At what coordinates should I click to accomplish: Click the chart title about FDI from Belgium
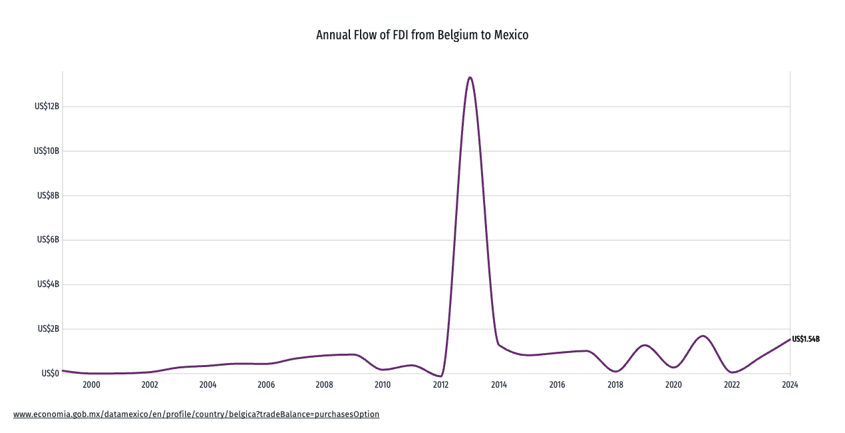pos(422,35)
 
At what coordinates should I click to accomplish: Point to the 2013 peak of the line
pos(470,77)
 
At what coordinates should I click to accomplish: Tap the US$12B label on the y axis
pos(47,107)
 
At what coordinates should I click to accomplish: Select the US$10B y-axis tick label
pos(47,151)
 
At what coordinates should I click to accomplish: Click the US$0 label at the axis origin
pos(51,373)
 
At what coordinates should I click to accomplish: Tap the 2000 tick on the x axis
pos(91,384)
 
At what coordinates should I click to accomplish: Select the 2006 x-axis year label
pos(266,384)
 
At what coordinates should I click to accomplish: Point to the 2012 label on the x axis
pos(440,384)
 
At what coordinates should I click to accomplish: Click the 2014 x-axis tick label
pos(499,384)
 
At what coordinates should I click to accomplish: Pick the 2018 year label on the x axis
pos(615,384)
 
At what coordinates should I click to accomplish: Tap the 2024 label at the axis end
pos(790,384)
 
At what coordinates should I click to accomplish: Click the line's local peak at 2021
pos(703,336)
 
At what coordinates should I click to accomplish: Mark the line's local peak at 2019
pos(644,345)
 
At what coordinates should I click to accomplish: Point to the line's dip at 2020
pos(673,367)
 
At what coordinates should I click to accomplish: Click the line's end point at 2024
pos(790,340)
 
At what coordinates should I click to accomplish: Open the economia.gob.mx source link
pos(196,414)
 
